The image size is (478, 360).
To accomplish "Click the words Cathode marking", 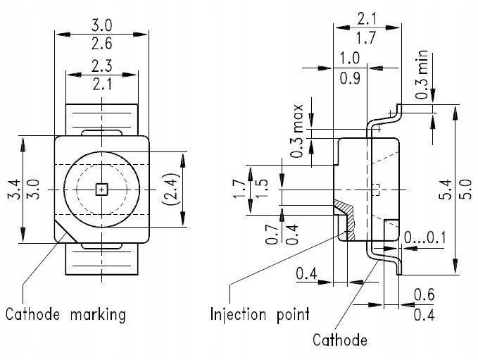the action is (x=65, y=314).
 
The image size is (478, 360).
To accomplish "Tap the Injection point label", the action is (x=260, y=314).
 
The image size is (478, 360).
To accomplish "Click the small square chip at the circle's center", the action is (x=102, y=190).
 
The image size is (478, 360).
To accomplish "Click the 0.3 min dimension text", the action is (x=422, y=75).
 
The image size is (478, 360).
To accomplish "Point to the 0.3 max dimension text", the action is (x=296, y=131).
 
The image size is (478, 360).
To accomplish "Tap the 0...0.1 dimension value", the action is (x=424, y=237).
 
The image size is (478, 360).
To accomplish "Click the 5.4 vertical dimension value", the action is (x=446, y=190).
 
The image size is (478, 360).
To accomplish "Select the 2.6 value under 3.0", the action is (x=102, y=43).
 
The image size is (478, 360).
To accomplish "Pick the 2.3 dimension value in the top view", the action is (x=102, y=66).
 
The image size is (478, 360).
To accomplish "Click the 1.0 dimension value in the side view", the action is (x=349, y=58).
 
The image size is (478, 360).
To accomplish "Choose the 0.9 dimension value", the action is (x=350, y=78).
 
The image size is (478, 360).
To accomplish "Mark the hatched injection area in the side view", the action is (x=346, y=216).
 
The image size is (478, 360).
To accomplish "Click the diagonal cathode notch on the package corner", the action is (x=65, y=230).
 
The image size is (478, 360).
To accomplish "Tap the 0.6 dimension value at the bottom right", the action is (x=424, y=294).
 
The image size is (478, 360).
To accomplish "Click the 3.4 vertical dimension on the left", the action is (x=15, y=190).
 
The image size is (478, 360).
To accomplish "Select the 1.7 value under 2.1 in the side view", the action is (x=366, y=38).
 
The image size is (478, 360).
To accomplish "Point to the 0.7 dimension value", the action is (x=272, y=235).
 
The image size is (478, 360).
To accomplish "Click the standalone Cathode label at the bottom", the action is (x=340, y=340).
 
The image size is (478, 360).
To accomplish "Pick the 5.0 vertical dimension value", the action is (x=465, y=190).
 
